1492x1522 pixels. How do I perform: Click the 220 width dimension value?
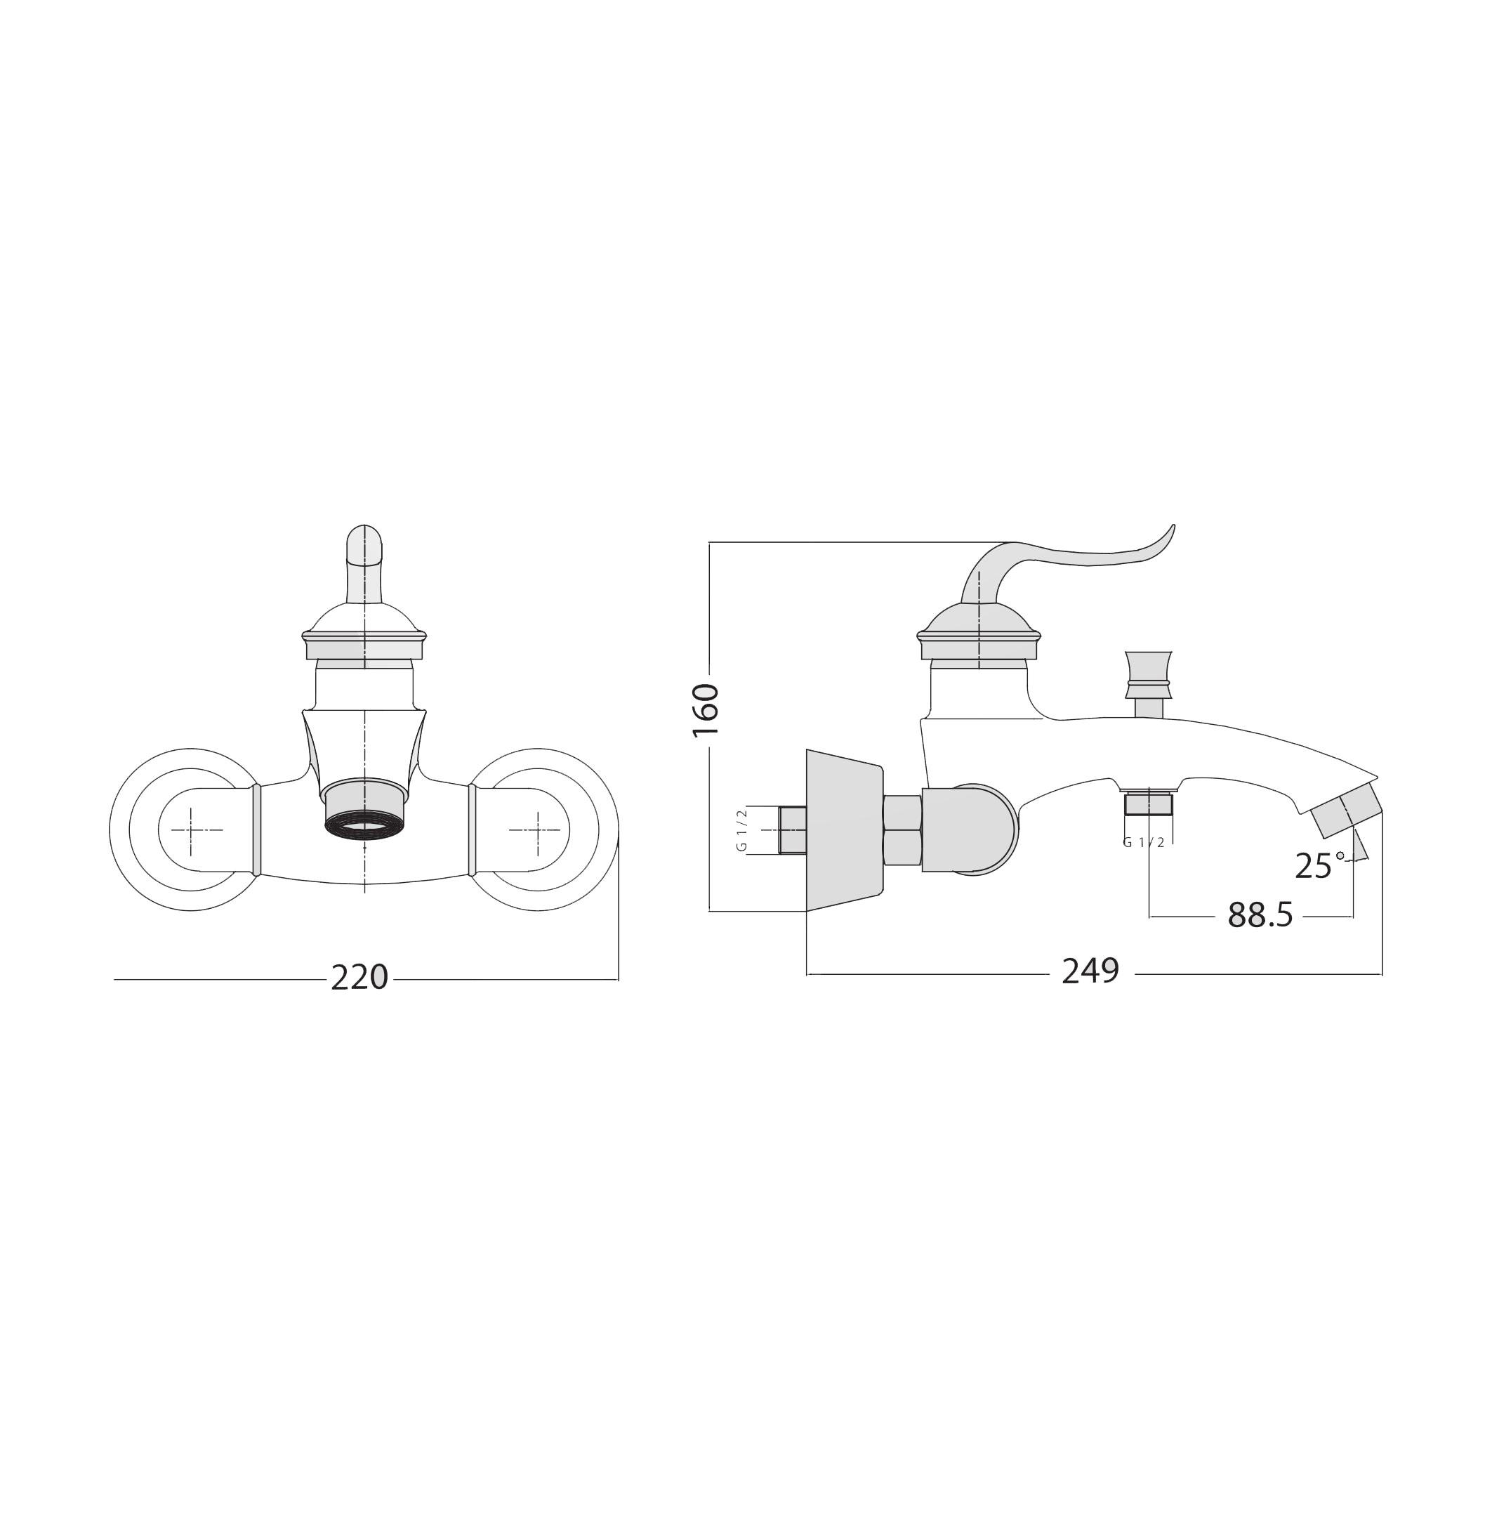click(359, 978)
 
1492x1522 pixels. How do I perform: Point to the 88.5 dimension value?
click(1260, 914)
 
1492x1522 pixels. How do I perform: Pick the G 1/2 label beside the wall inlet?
click(741, 830)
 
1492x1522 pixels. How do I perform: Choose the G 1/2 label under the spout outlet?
click(1143, 843)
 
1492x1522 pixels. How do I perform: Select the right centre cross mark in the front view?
click(537, 829)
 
